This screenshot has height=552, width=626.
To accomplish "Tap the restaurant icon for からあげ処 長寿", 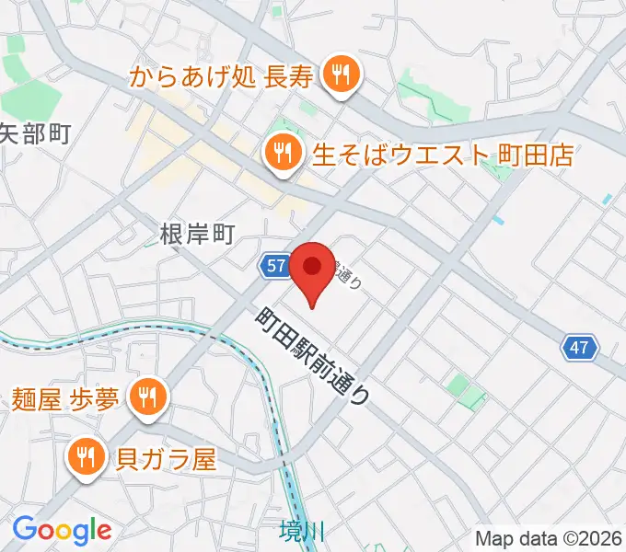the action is coord(342,76).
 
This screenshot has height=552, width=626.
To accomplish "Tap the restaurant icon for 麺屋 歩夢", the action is coord(146,397).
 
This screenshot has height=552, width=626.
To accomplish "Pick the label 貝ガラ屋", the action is coord(167,457).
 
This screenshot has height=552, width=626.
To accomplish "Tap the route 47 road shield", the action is coord(579,348).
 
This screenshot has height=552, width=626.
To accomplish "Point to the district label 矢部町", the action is coord(35,134).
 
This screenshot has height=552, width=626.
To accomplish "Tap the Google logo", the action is coord(62,529).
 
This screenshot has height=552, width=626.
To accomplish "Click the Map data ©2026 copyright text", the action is coord(549,538).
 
